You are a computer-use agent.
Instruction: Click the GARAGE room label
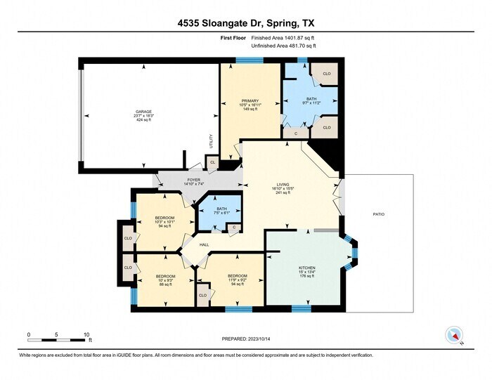[x=143, y=112]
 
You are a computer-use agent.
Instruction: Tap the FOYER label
[x=193, y=181]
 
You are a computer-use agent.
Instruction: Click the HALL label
[x=205, y=244]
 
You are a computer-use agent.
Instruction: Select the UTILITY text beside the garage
[x=210, y=140]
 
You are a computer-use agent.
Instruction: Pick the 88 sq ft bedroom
[x=164, y=280]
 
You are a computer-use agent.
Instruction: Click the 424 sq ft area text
[x=143, y=120]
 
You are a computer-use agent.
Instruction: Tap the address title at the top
[x=246, y=22]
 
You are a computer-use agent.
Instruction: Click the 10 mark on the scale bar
[x=86, y=334]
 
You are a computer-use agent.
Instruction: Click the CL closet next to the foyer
[x=212, y=163]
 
